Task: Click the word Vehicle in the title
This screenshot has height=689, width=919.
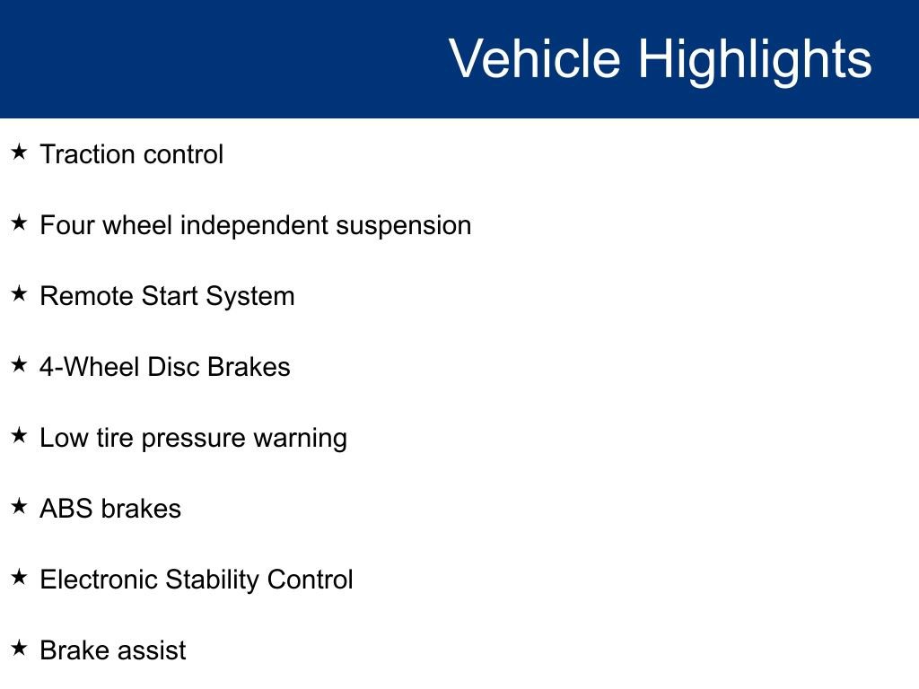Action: tap(534, 59)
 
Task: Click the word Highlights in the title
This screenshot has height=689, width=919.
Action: tap(755, 59)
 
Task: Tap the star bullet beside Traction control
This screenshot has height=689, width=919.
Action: tap(19, 152)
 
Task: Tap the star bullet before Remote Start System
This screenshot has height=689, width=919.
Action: tap(19, 293)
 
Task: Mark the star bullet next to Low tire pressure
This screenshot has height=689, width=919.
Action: tap(19, 435)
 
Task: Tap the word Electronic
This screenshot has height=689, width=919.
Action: tap(99, 580)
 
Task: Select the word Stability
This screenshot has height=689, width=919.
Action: tap(213, 580)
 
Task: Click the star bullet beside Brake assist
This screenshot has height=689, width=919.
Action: tap(19, 648)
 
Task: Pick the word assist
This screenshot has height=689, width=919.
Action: tap(153, 650)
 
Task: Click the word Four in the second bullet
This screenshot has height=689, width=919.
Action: tap(66, 225)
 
